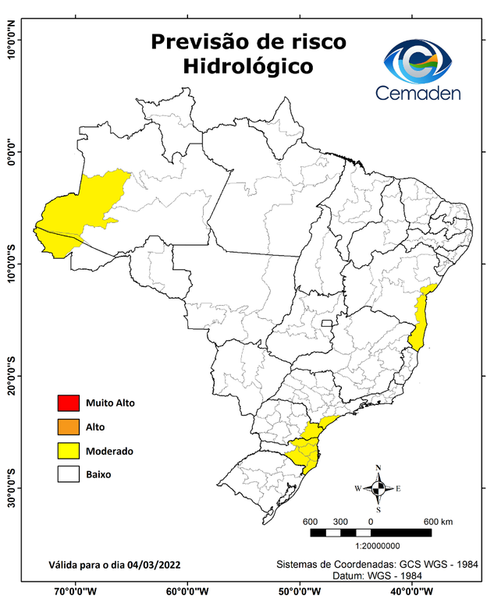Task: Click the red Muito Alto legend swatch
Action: pos(68,403)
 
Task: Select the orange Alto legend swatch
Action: pos(68,427)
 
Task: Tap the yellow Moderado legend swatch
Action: pos(68,450)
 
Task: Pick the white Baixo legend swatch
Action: pos(68,473)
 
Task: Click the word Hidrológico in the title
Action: pos(247,67)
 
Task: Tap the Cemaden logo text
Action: pos(418,94)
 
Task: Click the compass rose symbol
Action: pos(378,488)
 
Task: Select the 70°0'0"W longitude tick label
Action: pos(76,590)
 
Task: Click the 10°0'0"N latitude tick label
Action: pos(11,39)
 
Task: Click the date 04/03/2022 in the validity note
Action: pos(156,563)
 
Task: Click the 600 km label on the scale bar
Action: pos(439,521)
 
